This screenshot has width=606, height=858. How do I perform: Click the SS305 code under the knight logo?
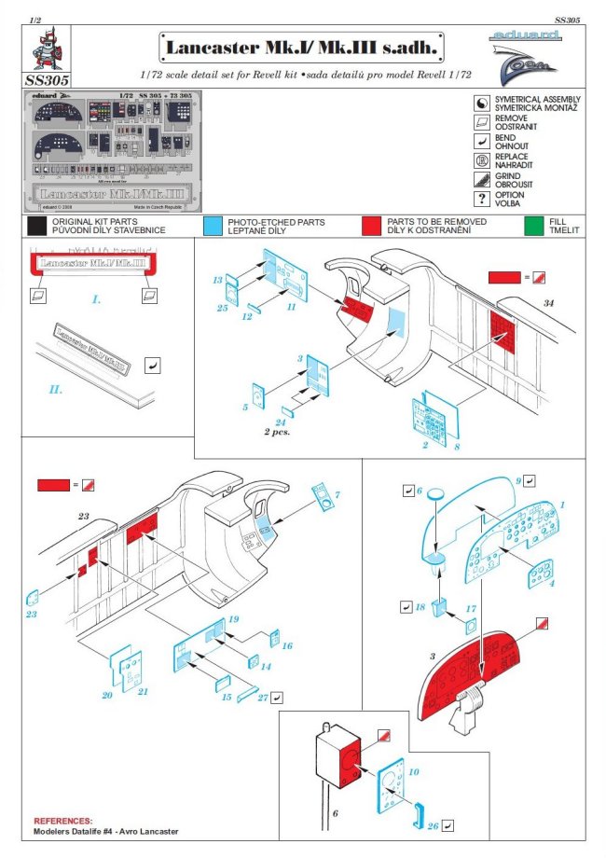49,81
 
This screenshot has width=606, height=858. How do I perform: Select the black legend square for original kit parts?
36,225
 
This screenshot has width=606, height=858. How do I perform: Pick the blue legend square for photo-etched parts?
212,225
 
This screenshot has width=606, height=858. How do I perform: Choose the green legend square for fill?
534,225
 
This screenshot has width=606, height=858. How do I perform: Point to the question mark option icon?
482,198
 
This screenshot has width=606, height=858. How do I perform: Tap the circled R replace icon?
482,158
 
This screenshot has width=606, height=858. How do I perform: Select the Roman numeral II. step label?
55,388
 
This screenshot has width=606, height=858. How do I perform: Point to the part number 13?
217,280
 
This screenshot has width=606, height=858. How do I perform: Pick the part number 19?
234,620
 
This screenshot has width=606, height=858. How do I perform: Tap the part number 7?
337,493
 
